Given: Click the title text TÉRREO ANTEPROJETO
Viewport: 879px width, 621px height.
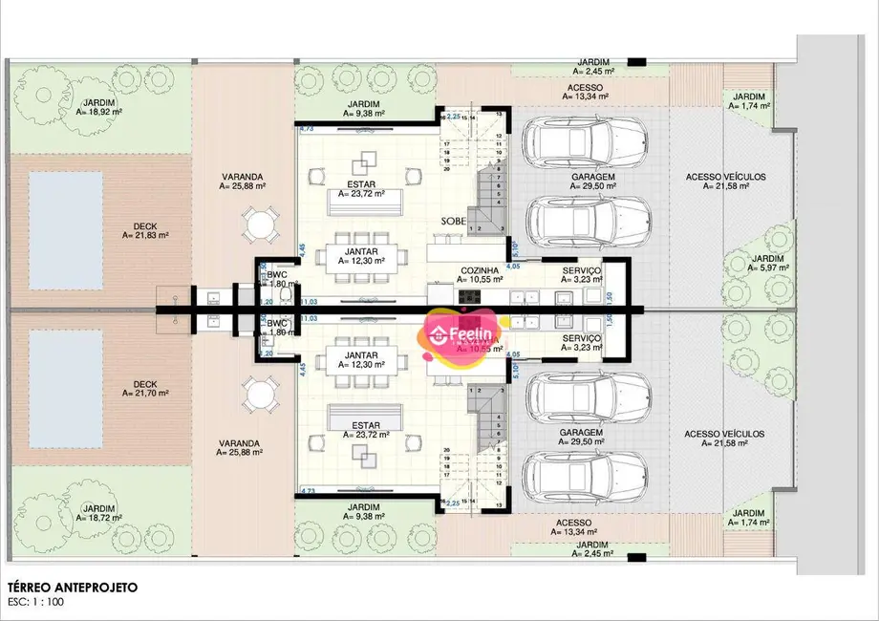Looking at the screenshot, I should coord(72,588).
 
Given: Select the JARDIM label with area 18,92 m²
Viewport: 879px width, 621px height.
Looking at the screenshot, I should coord(100,105).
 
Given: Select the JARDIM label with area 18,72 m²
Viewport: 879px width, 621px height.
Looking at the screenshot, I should coord(100,513).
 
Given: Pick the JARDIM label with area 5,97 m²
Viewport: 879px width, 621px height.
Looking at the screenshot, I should coord(769,264).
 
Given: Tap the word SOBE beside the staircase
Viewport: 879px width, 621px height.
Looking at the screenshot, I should coord(454,221).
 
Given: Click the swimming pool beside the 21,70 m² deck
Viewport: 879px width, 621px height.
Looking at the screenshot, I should coord(65,390).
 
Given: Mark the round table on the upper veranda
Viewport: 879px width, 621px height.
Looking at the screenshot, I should coord(258,227).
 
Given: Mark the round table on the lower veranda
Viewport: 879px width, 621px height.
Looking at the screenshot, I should coord(258,394).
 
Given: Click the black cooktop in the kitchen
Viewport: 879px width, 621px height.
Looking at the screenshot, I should coord(470,295).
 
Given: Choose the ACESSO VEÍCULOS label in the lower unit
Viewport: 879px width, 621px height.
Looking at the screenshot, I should coord(725,438).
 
